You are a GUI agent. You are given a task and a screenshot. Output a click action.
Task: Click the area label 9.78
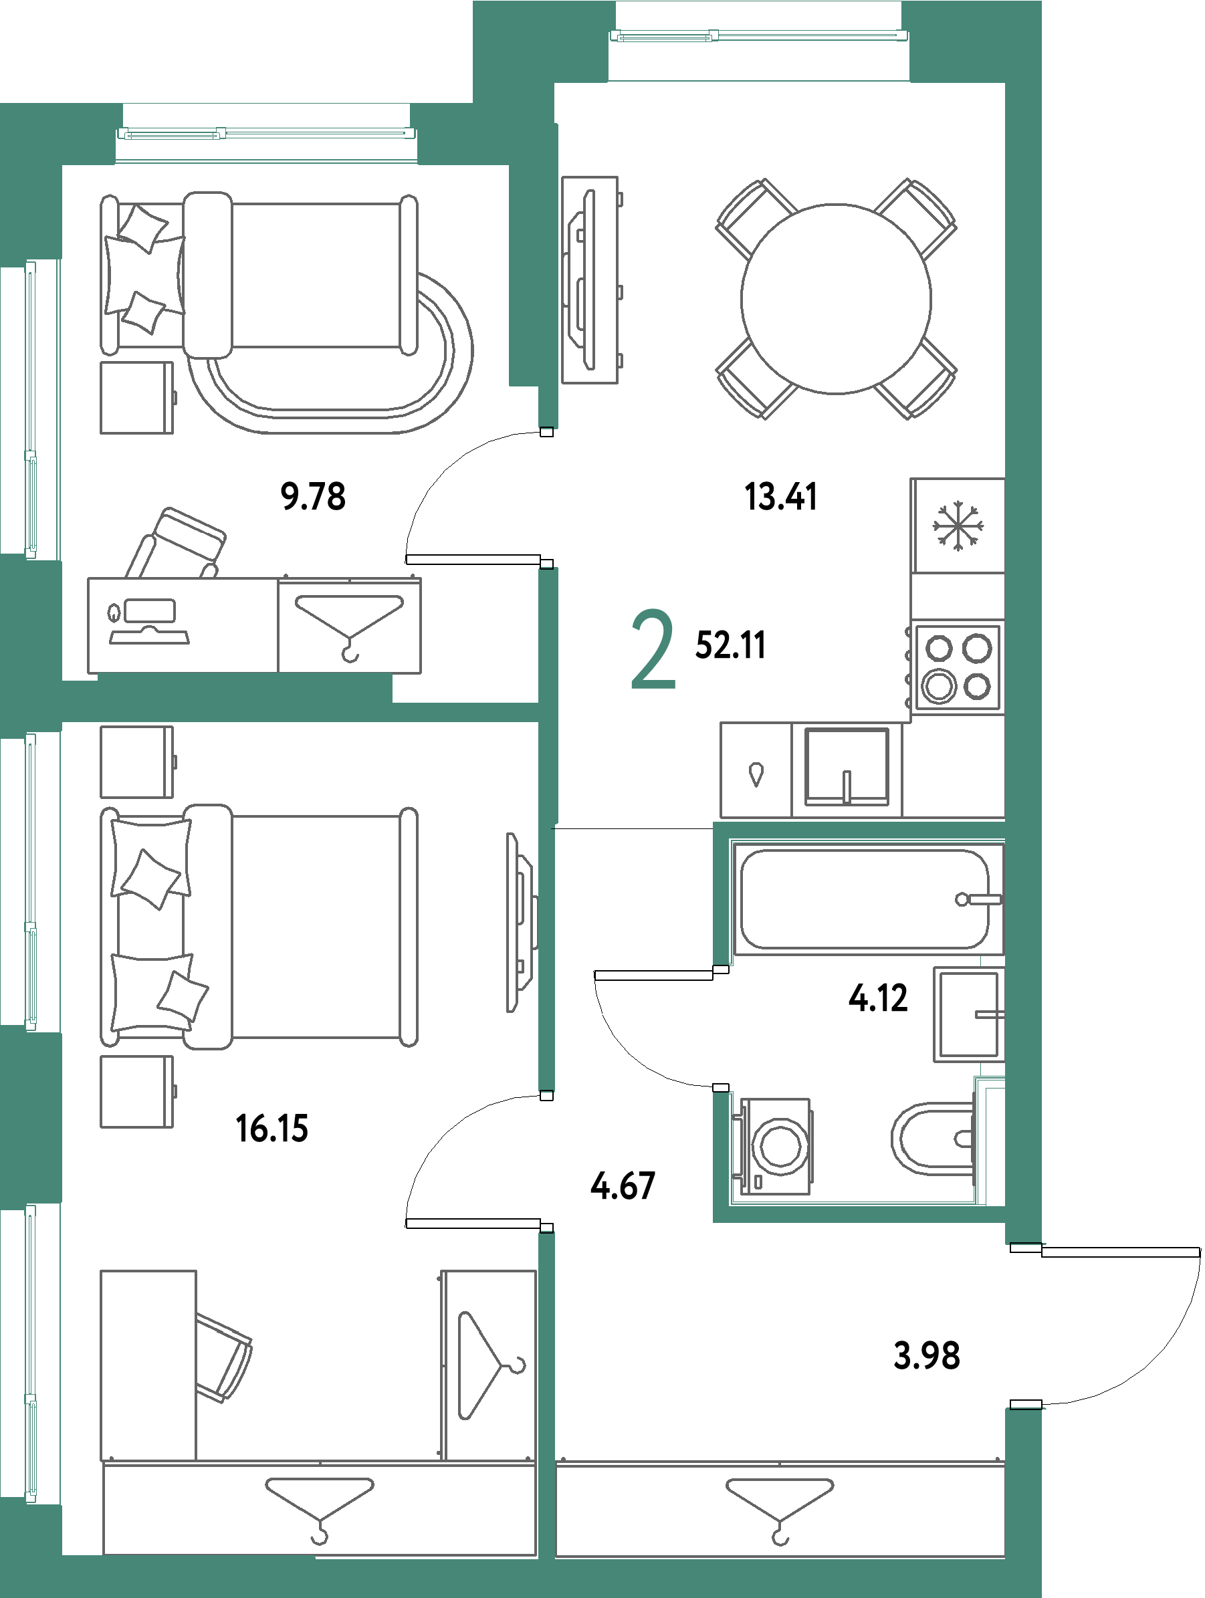pos(313,496)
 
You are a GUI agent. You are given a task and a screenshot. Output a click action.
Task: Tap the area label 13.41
pos(780,496)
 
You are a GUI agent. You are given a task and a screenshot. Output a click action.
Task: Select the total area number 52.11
pos(730,645)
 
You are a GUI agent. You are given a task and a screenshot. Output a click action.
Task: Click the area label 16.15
pos(272,1128)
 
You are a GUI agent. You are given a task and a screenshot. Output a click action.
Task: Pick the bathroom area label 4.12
pos(877,998)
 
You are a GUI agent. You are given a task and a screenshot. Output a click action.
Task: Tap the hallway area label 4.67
pos(623,1185)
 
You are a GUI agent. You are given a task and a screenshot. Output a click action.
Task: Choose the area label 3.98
pos(926,1355)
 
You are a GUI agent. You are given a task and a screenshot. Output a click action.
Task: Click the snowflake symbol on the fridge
pos(958,527)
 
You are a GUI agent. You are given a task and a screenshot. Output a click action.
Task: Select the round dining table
pos(836,298)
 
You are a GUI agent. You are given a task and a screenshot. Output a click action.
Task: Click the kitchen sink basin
pos(847,767)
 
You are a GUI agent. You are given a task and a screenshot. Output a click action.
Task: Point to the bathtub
pos(865,899)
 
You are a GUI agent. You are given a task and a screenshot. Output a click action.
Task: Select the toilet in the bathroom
pos(932,1139)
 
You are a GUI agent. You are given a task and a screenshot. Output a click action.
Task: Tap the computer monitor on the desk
pos(150,610)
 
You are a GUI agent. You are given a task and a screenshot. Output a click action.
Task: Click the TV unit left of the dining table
pos(590,279)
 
